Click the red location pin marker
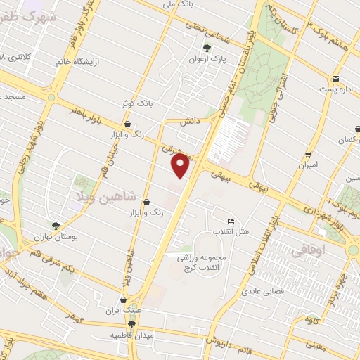pyautogui.click(x=181, y=166)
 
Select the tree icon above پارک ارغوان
pyautogui.click(x=206, y=48)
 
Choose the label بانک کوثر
pyautogui.click(x=136, y=104)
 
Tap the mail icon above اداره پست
pyautogui.click(x=336, y=79)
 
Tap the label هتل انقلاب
pyautogui.click(x=232, y=232)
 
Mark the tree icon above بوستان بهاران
pyautogui.click(x=56, y=226)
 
